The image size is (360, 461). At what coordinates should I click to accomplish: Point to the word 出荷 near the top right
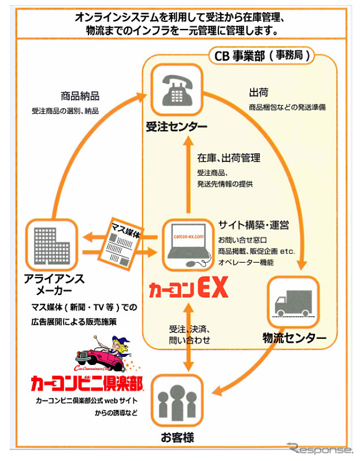click(x=258, y=93)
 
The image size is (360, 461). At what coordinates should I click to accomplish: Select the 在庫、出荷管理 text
click(x=228, y=157)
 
